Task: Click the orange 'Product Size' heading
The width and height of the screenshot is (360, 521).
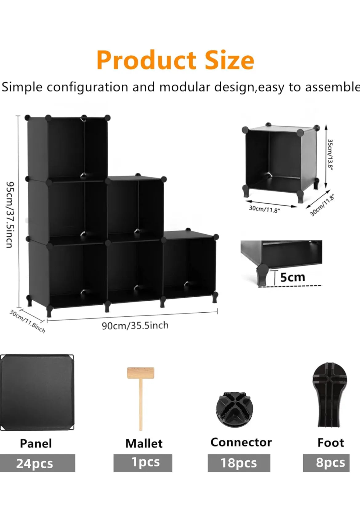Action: coord(175,60)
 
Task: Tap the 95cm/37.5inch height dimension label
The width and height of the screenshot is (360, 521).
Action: coord(10,215)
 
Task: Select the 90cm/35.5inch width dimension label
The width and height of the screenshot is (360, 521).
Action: coord(135,325)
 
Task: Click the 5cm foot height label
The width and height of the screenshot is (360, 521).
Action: coord(293,277)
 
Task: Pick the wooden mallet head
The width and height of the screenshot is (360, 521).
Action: coord(141,373)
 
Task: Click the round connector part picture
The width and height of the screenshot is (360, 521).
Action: coord(234,409)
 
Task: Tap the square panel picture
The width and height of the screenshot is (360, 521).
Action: coord(37,392)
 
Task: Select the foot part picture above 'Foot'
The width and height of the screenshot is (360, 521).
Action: coord(330,395)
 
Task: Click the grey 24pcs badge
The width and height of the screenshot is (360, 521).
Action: coord(38,463)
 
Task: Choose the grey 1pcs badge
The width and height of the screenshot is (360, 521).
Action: coord(143,463)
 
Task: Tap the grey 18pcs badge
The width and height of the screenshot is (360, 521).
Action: coord(239,463)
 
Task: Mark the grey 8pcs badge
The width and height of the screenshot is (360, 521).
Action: coord(326,463)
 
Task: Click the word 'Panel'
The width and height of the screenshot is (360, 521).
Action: coord(36,443)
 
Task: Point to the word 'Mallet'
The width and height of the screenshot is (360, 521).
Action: coord(144,443)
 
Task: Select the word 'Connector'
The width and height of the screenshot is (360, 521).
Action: coord(241,442)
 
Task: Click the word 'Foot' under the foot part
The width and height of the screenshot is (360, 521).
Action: coord(331,443)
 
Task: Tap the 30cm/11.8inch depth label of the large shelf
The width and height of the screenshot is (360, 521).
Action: coord(27,322)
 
